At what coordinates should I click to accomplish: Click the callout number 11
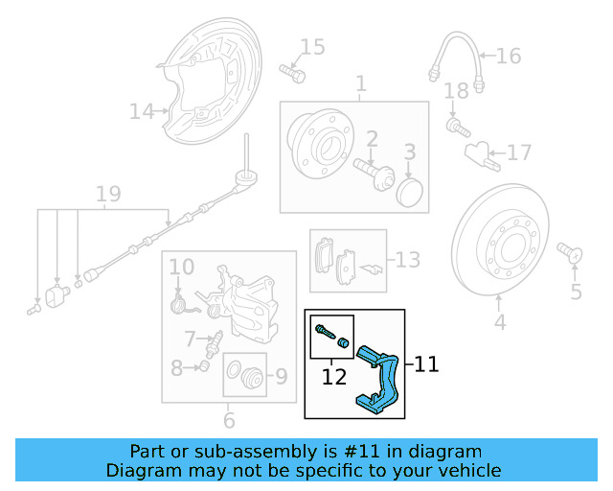click(426, 364)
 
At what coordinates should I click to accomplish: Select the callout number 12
click(333, 377)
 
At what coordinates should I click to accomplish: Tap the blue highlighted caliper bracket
click(384, 380)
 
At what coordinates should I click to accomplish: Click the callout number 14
click(141, 112)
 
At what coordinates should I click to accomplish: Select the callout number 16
click(509, 56)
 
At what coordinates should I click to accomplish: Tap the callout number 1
click(360, 84)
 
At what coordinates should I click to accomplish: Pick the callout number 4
click(500, 323)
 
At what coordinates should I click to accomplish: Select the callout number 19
click(107, 195)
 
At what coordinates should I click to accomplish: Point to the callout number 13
click(408, 259)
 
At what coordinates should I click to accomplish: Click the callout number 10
click(182, 266)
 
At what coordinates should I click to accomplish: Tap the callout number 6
click(229, 419)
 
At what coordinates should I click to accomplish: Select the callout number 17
click(518, 152)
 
